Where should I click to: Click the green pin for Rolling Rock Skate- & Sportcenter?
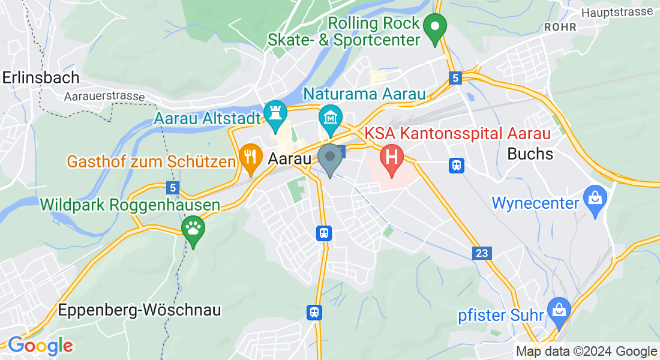pyautogui.click(x=434, y=28)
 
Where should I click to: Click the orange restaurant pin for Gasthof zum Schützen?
pyautogui.click(x=249, y=157)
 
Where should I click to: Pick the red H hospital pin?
pyautogui.click(x=392, y=158)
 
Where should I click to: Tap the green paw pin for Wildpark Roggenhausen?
pyautogui.click(x=193, y=229)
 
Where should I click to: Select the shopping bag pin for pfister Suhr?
pyautogui.click(x=559, y=310)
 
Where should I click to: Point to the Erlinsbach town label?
pyautogui.click(x=41, y=77)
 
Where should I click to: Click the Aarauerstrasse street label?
pyautogui.click(x=104, y=97)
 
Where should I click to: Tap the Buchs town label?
pyautogui.click(x=530, y=154)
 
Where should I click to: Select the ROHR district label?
pyautogui.click(x=560, y=27)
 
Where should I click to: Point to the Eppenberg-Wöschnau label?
pyautogui.click(x=140, y=310)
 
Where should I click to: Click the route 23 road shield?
pyautogui.click(x=482, y=254)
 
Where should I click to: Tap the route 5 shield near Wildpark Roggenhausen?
pyautogui.click(x=173, y=188)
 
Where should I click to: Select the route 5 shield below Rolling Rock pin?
pyautogui.click(x=456, y=77)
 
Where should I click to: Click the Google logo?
pyautogui.click(x=40, y=346)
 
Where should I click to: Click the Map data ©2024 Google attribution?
pyautogui.click(x=586, y=352)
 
